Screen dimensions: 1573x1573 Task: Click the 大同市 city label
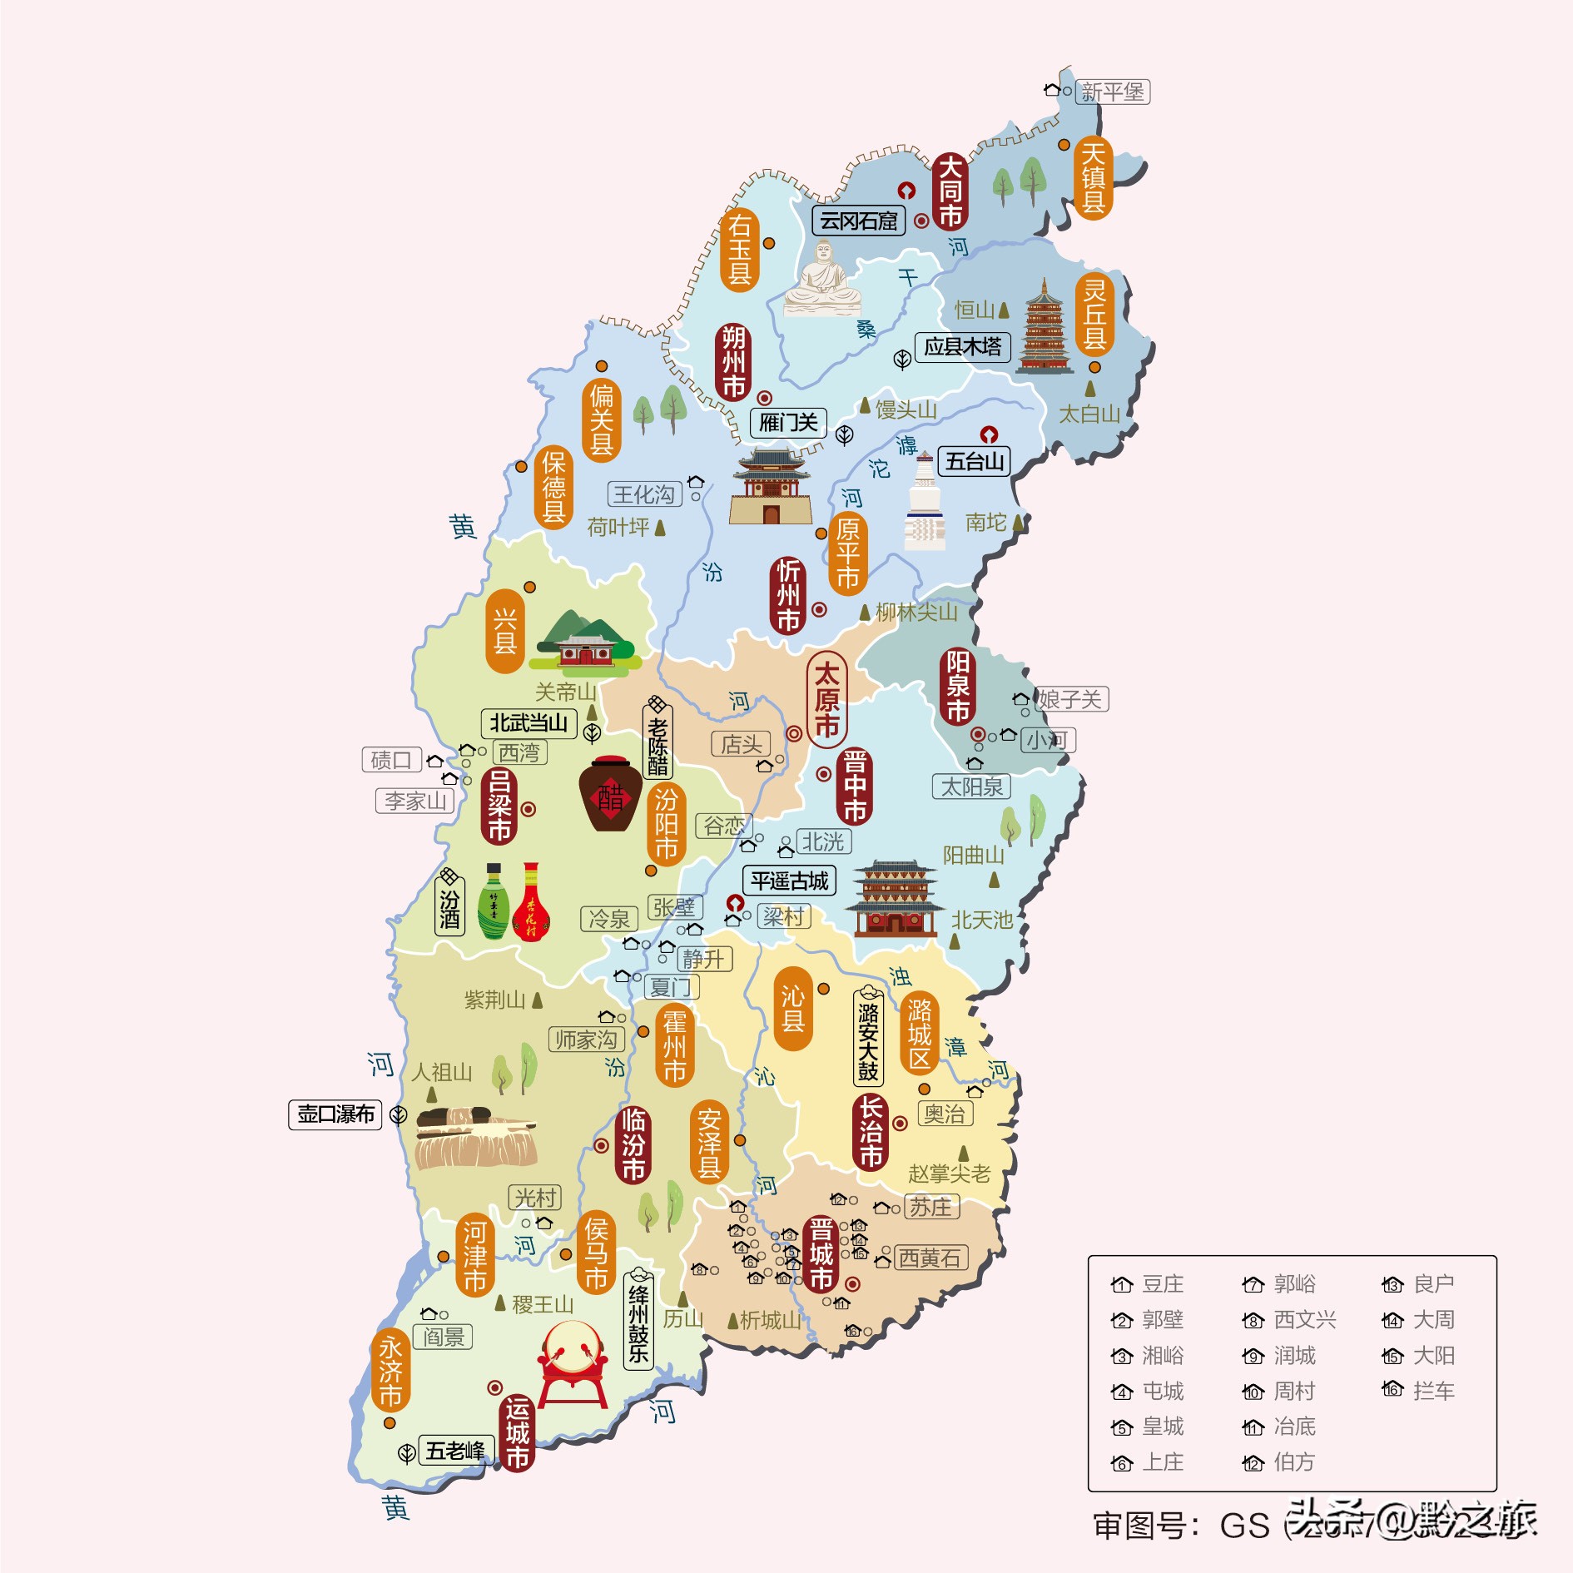point(950,191)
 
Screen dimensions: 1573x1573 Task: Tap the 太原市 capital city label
point(826,700)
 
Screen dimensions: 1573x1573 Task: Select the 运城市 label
point(517,1432)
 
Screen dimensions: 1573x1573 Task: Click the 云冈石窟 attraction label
point(858,221)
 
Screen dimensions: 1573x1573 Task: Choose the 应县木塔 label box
point(962,346)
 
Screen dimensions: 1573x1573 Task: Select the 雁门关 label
point(788,423)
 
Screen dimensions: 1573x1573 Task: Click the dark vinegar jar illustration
point(610,794)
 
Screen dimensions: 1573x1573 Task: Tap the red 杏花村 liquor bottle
point(531,903)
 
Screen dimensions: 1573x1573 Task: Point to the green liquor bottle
point(494,903)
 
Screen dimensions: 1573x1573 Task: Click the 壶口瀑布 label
point(335,1114)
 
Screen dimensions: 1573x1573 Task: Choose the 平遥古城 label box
point(789,881)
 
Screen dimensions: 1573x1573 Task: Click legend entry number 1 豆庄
point(1149,1284)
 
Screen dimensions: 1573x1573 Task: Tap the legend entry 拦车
point(1420,1390)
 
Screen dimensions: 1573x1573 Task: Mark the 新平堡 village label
point(1112,92)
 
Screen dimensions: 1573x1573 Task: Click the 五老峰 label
point(455,1451)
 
